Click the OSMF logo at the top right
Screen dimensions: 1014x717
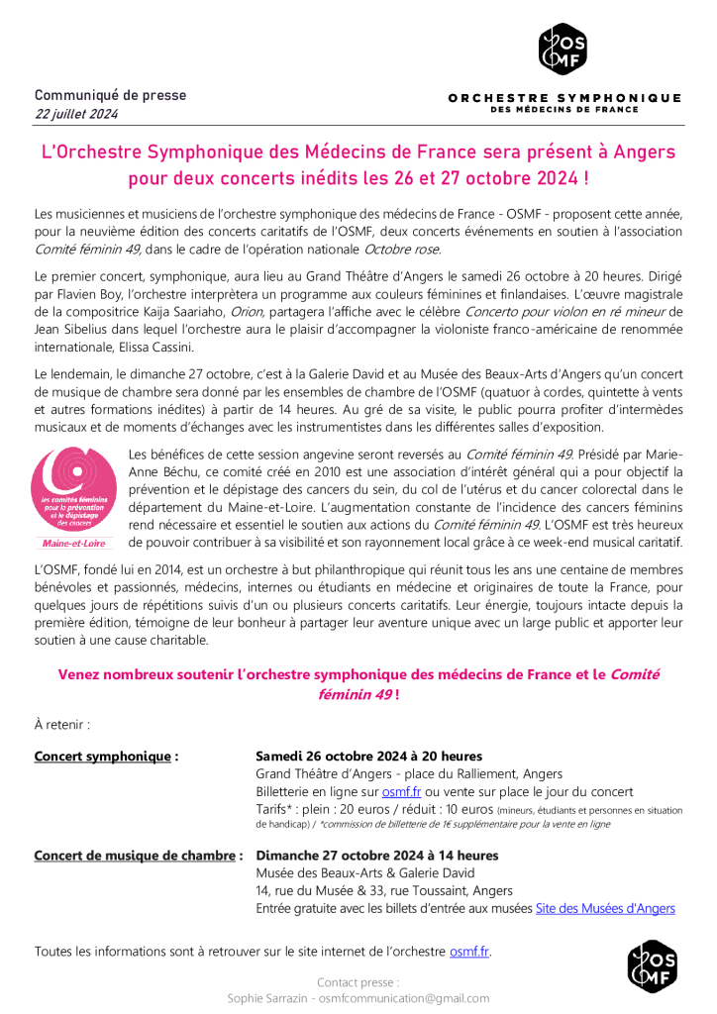(x=564, y=49)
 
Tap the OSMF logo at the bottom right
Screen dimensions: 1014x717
(x=653, y=966)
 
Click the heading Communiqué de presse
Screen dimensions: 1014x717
(x=110, y=95)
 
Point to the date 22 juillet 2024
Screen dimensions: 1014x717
(x=76, y=114)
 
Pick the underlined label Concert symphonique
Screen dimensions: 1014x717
(x=106, y=757)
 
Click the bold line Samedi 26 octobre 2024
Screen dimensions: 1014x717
(x=368, y=757)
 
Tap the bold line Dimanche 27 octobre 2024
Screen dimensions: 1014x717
(x=376, y=855)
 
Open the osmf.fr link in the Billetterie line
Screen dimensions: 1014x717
(x=402, y=792)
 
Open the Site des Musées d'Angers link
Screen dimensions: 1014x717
(x=605, y=908)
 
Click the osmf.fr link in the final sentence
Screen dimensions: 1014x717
(x=468, y=952)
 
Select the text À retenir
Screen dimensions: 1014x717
(x=62, y=724)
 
